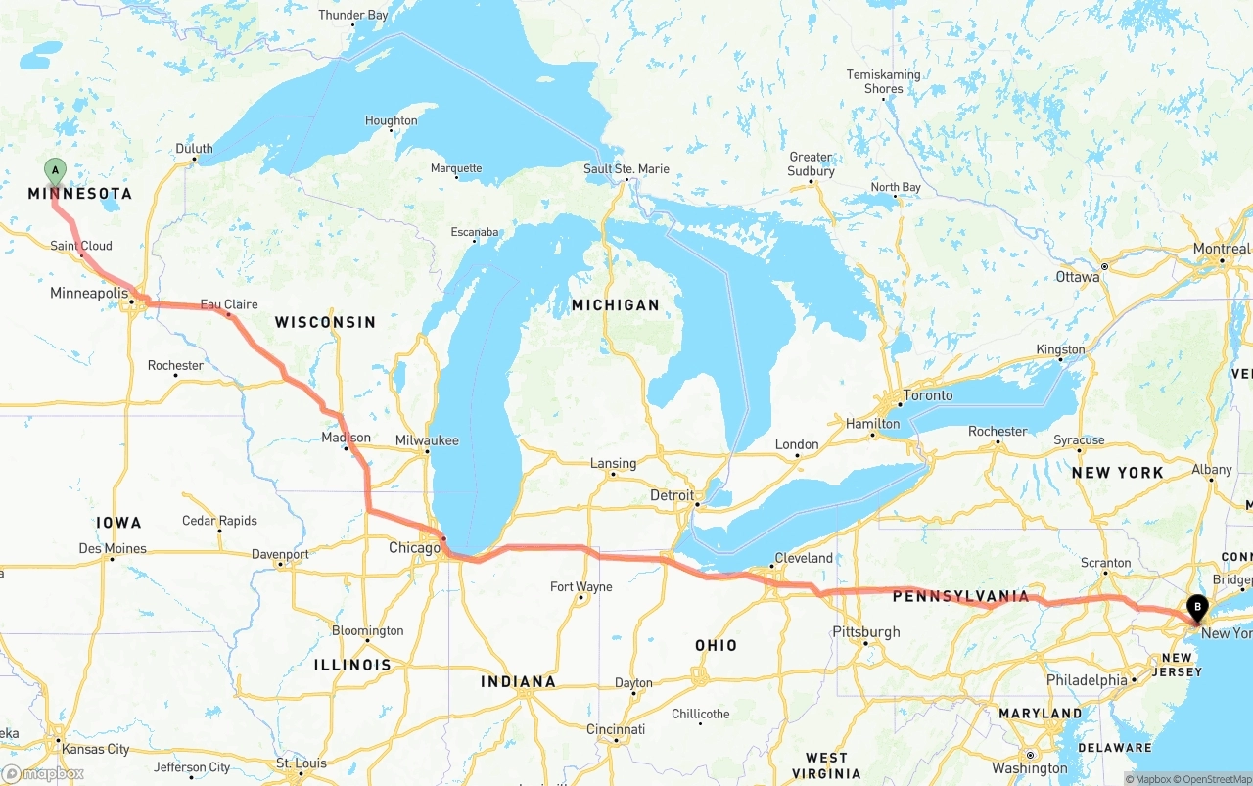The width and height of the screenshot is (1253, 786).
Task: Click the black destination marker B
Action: pos(1196,608)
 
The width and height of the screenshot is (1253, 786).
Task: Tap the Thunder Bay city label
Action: pos(353,15)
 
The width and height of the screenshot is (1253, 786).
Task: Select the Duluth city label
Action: pos(194,149)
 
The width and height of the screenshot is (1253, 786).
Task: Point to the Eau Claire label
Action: pos(229,304)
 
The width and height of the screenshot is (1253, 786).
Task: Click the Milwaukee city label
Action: pos(427,440)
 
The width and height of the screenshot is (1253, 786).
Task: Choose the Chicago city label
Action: pos(415,548)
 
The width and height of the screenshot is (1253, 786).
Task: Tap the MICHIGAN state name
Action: pos(616,305)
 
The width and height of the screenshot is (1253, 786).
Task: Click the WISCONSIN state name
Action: pos(325,322)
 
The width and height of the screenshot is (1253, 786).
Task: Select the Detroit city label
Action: pos(672,495)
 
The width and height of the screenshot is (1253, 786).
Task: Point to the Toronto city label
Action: pos(928,395)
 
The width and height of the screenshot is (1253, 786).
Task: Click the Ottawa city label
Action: pos(1078,277)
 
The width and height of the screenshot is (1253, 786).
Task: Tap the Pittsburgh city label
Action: pos(866,631)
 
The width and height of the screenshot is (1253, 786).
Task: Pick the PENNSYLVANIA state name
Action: pos(960,596)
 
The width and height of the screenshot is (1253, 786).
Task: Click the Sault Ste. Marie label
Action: pos(626,168)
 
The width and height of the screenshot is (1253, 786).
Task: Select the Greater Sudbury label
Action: pos(812,163)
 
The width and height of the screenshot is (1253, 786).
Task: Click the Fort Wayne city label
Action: pos(580,586)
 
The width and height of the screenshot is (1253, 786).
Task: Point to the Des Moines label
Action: pos(113,548)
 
